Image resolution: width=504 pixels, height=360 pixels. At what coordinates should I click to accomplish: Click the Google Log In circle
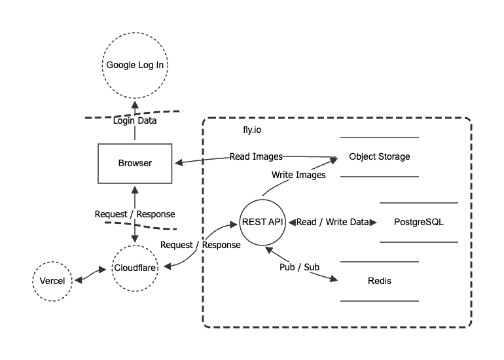pos(134,65)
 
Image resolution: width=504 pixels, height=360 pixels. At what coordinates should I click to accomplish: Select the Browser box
pos(134,163)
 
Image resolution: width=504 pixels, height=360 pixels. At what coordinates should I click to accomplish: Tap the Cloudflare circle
pos(134,268)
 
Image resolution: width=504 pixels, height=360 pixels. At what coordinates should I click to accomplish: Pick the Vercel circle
pos(53,281)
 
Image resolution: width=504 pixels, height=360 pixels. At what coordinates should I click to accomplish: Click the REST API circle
pos(262,222)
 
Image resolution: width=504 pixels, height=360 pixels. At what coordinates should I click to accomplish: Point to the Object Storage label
pos(380,156)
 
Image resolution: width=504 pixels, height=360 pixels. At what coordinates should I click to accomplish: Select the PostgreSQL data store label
pos(419,222)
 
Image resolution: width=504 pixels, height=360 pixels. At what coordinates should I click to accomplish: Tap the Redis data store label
pos(380,281)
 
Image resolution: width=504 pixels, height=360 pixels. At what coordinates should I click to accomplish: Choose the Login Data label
pos(135,120)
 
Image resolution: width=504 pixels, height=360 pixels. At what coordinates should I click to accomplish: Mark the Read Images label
pos(256,156)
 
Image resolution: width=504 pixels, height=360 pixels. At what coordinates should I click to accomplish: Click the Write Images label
pos(298,175)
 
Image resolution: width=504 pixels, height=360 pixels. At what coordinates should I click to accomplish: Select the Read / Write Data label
pos(333,222)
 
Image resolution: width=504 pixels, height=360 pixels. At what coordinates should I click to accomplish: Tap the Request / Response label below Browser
pos(135,214)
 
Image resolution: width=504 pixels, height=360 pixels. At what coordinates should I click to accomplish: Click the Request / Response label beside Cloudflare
pos(200,244)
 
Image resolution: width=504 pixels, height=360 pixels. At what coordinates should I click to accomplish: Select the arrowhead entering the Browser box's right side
pos(175,162)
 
